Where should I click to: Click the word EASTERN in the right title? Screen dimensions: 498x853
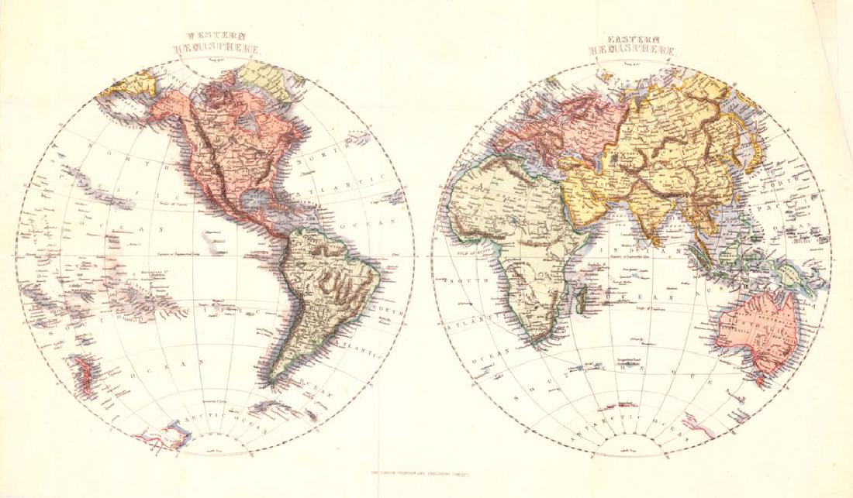point(634,36)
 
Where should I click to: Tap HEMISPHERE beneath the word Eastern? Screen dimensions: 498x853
point(634,50)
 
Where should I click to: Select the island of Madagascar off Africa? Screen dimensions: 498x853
point(579,292)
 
